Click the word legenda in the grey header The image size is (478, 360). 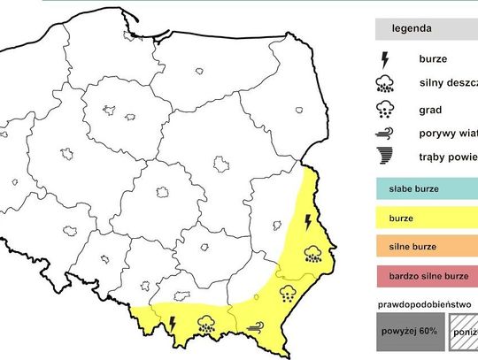click(414, 29)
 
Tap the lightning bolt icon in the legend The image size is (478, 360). click(385, 60)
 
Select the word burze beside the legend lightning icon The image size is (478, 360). click(433, 61)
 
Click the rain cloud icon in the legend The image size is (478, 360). click(385, 85)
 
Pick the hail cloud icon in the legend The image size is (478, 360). click(385, 110)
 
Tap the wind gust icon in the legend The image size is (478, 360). click(385, 134)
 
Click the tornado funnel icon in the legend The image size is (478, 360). click(385, 157)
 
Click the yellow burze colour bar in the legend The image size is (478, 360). click(426, 217)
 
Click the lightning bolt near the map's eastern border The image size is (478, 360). click(308, 220)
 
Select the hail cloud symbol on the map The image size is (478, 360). click(289, 292)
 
